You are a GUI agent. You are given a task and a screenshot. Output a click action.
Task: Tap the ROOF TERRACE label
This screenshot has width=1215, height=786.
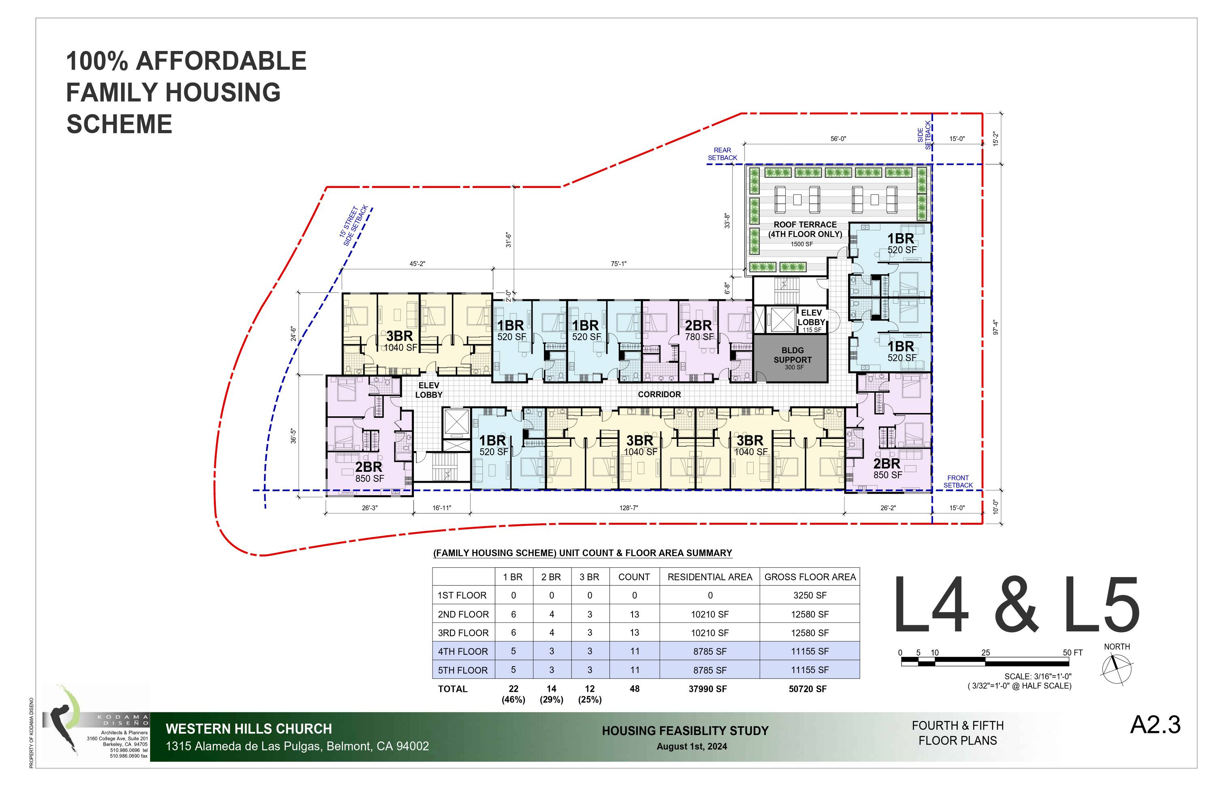pos(805,229)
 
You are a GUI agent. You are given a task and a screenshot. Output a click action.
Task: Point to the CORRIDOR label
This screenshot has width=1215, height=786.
pos(659,394)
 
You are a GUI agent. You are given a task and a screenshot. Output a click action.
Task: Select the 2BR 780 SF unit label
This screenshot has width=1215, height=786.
pos(699,330)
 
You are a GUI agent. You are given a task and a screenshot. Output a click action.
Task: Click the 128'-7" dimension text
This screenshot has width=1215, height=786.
pos(629,508)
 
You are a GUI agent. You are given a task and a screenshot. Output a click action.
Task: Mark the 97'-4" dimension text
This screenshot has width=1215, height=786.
pos(995,327)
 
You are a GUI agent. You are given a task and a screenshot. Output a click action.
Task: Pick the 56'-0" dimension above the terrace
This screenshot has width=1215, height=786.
pos(838,138)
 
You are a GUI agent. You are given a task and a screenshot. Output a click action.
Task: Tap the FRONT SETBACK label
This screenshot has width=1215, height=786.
pos(958,481)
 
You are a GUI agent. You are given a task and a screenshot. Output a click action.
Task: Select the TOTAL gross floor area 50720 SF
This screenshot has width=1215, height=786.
pos(808,689)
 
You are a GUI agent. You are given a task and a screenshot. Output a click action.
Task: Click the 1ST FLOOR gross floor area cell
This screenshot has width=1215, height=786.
pos(810,595)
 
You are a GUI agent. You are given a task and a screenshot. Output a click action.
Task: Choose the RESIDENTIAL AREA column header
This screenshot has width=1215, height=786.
pos(710,577)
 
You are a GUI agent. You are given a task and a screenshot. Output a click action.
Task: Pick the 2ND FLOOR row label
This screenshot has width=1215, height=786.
pos(463,614)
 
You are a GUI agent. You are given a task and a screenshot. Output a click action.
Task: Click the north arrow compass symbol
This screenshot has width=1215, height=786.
pos(1117,669)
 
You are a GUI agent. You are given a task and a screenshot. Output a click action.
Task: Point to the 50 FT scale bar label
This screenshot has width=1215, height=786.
pos(1072,652)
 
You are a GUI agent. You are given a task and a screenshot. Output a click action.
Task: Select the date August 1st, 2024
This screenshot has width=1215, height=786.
pos(692,746)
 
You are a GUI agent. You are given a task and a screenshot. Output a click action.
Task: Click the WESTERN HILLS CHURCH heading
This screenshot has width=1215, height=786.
pos(249,729)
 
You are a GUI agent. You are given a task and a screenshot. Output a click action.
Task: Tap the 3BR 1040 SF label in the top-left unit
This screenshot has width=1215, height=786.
pos(400,341)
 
